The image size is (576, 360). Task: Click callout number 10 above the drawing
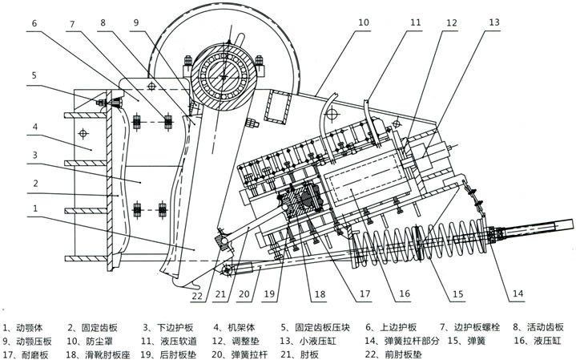[x=363, y=22]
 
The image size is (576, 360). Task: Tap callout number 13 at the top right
[x=494, y=22]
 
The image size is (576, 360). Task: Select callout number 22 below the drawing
[x=196, y=295]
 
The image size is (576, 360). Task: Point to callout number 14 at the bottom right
[x=518, y=293]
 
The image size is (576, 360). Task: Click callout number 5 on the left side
[x=34, y=75]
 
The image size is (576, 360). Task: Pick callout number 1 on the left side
[x=35, y=208]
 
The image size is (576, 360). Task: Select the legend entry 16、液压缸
[x=538, y=341]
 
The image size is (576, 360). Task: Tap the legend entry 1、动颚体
[x=22, y=328]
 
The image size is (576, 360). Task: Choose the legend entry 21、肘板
[x=300, y=354]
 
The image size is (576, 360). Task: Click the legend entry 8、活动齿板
[x=538, y=327]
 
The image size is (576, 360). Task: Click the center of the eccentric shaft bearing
[x=224, y=76]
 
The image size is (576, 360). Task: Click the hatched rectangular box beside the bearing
[x=278, y=107]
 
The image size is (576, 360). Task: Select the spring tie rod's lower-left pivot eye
[x=227, y=270]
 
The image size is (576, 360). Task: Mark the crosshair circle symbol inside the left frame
[x=83, y=133]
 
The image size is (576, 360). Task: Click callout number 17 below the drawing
[x=365, y=293]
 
